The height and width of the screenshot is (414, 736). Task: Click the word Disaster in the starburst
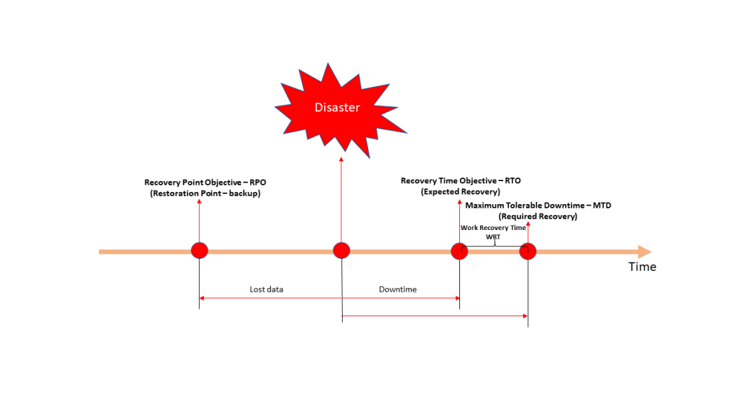point(337,108)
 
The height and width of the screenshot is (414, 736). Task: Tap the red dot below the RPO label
point(200,251)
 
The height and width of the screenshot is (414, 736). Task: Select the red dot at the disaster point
point(341,251)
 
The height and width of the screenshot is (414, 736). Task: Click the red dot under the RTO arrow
point(459,252)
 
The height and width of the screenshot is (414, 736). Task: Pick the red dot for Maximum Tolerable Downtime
point(528,252)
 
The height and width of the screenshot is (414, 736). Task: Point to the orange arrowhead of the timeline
point(645,252)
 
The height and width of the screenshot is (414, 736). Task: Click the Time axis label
point(642,267)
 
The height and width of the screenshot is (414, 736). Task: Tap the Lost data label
point(266,289)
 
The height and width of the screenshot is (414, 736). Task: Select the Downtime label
point(397,289)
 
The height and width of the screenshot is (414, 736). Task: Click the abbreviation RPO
point(258,182)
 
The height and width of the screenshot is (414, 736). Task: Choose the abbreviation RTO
point(512,180)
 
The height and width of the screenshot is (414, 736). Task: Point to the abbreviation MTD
point(602,205)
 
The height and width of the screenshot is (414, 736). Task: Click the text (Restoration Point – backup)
point(205,193)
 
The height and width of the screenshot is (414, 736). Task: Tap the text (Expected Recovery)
point(461,191)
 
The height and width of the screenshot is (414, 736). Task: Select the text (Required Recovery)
point(538,216)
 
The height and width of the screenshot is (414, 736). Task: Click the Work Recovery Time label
point(493,228)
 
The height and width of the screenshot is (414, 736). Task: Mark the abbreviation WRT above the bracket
point(493,236)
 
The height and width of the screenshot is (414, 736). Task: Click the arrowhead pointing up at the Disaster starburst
point(341,160)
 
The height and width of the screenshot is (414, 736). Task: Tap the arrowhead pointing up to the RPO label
point(200,201)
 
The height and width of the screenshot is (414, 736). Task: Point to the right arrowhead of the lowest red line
point(525,316)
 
